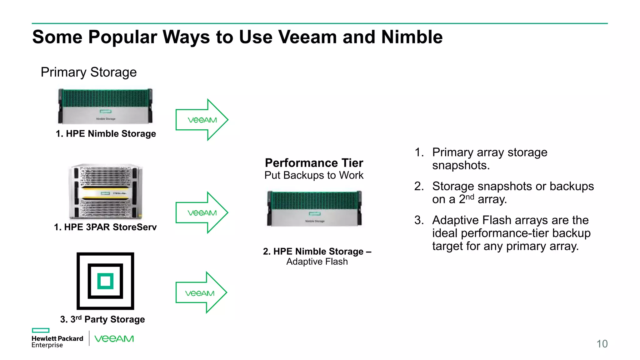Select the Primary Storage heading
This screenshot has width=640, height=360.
pos(89,72)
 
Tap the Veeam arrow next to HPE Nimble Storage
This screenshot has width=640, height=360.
pos(202,120)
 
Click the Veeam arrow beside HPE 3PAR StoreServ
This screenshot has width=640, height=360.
pos(202,213)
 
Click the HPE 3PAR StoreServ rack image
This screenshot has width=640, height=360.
pos(106,191)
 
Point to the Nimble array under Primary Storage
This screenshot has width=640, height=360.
pos(106,106)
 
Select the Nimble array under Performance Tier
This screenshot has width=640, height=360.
pos(314,208)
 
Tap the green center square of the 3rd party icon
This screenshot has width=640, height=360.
pos(105,281)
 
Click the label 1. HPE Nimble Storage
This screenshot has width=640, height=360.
pos(106,134)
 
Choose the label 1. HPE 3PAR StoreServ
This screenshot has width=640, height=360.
pos(105,227)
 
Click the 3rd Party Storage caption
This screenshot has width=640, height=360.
pos(102,319)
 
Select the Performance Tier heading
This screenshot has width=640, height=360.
pos(314,163)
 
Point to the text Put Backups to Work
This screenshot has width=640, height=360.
pos(314,175)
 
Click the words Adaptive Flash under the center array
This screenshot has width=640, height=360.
pos(317,262)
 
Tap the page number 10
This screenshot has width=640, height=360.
pos(602,344)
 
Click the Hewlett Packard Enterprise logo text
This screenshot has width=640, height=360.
pos(57,342)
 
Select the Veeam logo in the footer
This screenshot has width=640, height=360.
pos(114,339)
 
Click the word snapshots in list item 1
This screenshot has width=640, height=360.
pos(461,165)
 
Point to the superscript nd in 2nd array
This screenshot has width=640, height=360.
pos(470,197)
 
